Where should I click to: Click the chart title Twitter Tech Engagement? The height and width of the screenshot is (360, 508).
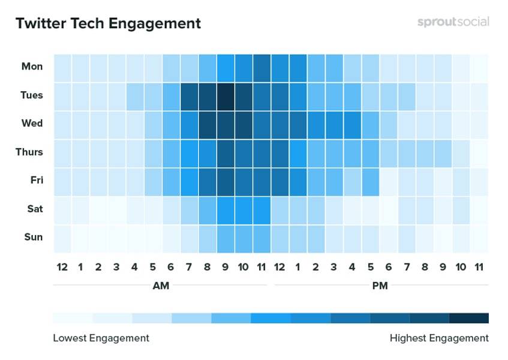[108, 23]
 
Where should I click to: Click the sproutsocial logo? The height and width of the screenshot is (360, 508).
[453, 22]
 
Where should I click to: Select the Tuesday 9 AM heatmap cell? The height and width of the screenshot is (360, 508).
[226, 95]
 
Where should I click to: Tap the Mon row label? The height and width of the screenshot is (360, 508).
[32, 67]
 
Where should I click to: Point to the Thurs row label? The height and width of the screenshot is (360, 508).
[29, 152]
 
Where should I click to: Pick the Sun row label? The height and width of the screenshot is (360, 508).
[33, 237]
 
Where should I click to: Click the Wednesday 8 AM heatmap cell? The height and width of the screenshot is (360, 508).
[208, 124]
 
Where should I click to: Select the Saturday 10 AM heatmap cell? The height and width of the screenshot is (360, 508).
[244, 209]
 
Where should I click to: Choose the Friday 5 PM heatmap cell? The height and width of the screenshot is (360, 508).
[370, 181]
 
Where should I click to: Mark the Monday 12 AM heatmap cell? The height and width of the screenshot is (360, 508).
[62, 67]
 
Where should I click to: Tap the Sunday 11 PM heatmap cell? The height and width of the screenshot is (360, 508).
[479, 237]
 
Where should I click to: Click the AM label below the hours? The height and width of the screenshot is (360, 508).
[161, 286]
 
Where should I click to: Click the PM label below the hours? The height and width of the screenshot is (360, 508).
[380, 286]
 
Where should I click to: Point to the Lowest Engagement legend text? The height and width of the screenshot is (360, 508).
[101, 338]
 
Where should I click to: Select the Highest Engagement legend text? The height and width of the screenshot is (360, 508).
[439, 338]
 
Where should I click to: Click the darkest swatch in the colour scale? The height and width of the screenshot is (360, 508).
[468, 318]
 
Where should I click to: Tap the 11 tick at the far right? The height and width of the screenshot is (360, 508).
[479, 266]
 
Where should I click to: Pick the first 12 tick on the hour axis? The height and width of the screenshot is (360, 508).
[62, 266]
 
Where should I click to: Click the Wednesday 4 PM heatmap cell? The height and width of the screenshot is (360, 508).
[352, 124]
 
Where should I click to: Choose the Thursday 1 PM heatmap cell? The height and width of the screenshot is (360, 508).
[298, 152]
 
